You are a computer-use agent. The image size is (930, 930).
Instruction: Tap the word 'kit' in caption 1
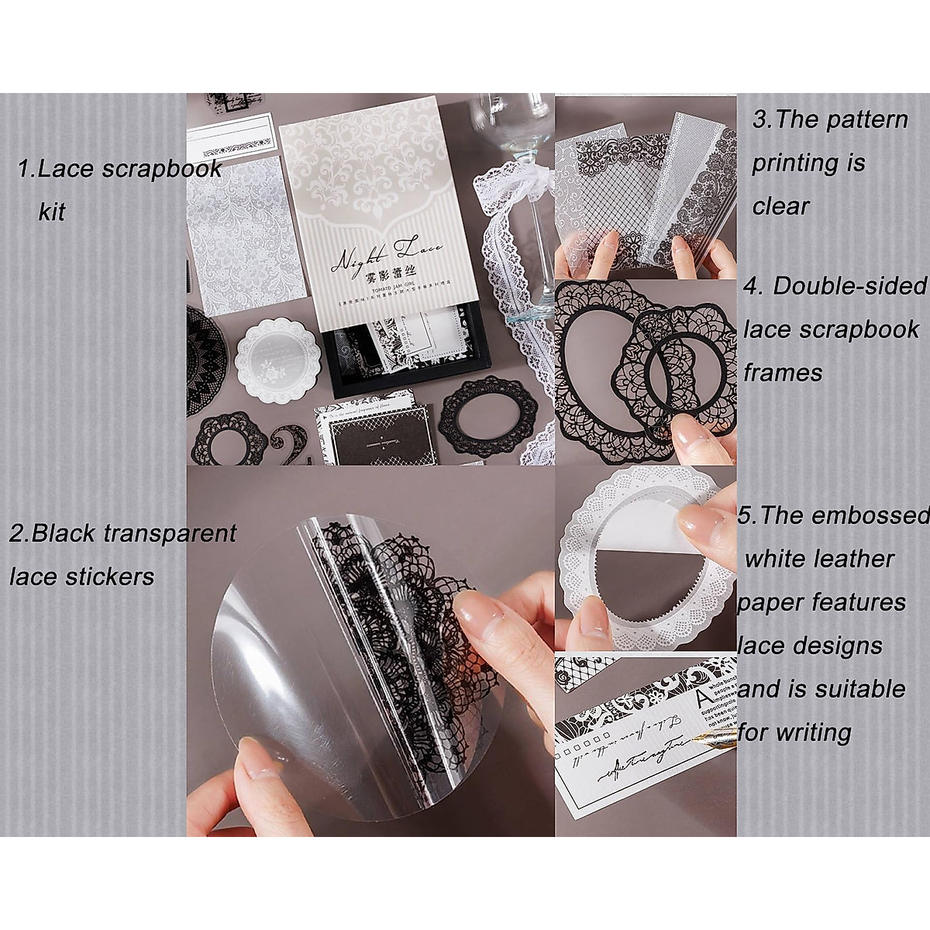pyautogui.click(x=52, y=212)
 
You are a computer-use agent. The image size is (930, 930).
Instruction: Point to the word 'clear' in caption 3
pyautogui.click(x=780, y=207)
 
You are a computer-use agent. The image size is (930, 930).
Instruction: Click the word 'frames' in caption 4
pyautogui.click(x=783, y=373)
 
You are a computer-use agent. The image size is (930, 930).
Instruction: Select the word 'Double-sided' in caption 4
pyautogui.click(x=850, y=287)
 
